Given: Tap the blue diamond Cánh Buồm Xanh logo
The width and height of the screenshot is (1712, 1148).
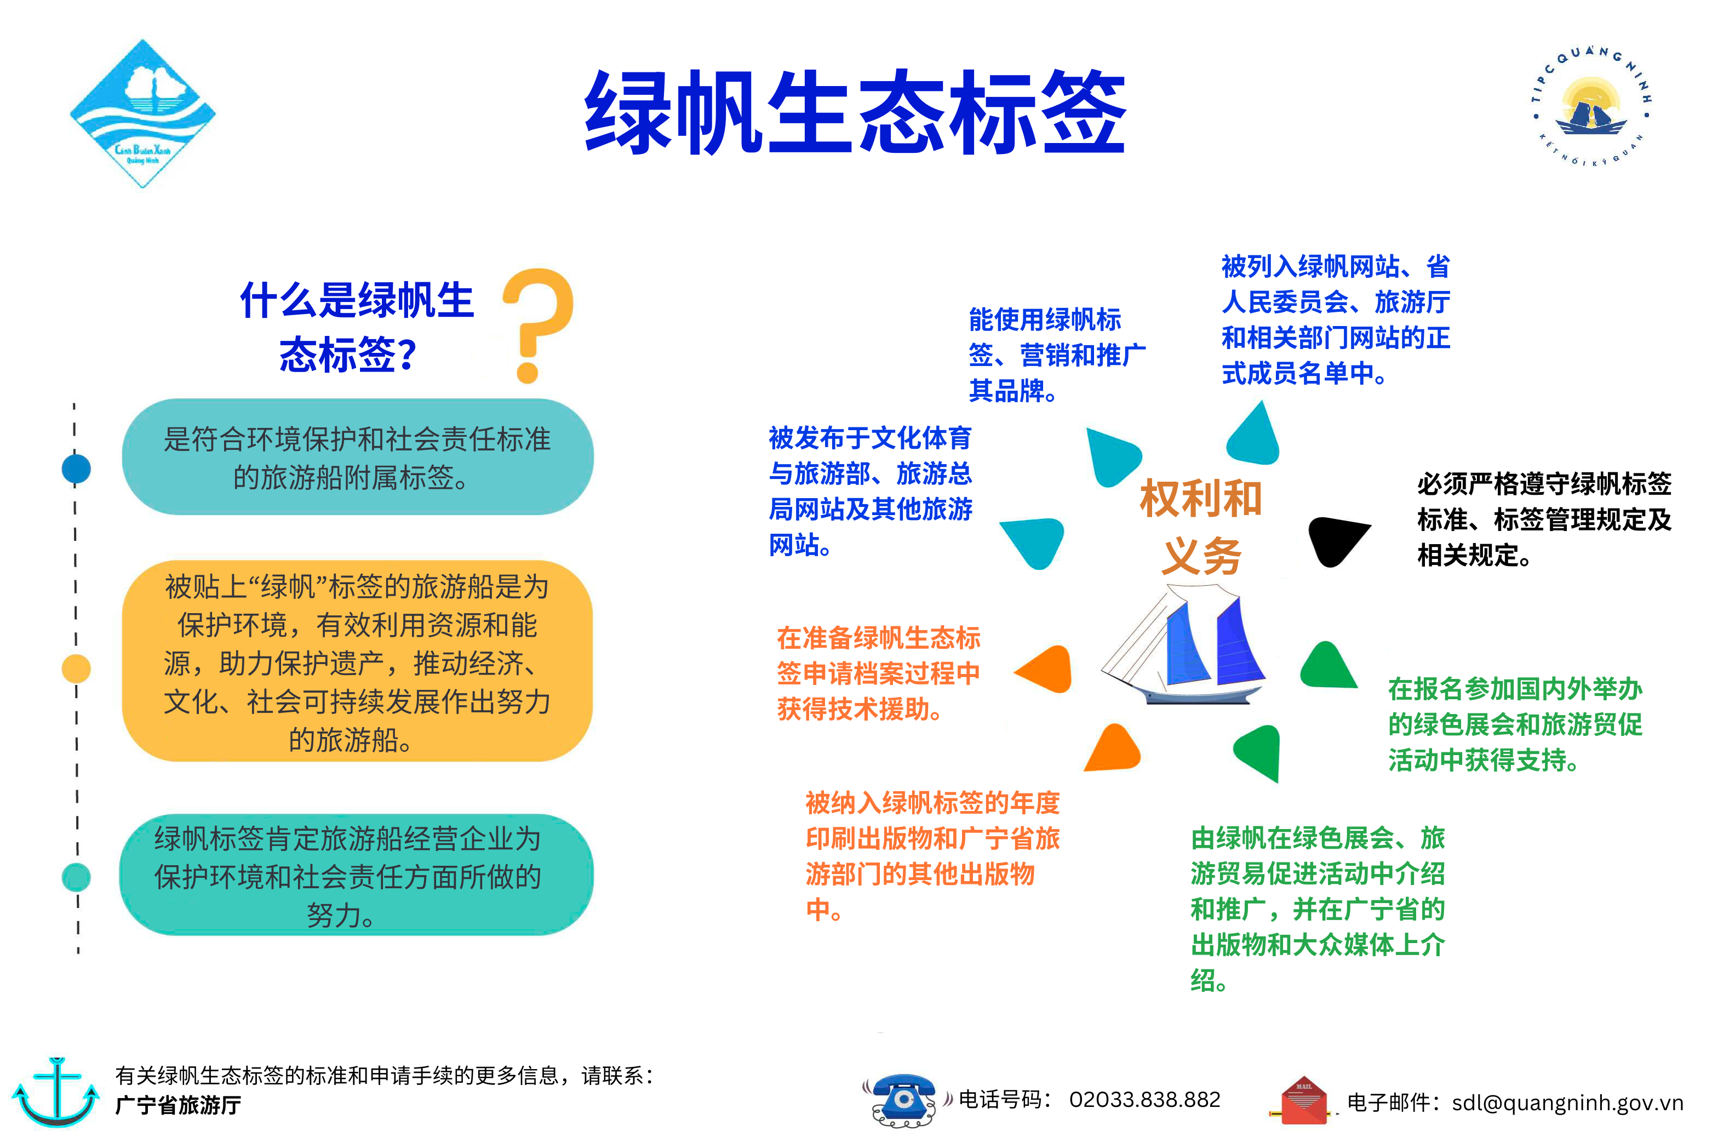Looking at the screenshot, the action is click(143, 113).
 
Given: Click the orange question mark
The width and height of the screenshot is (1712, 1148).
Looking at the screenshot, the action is click(538, 325).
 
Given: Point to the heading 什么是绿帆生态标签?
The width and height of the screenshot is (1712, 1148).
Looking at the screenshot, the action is click(357, 327).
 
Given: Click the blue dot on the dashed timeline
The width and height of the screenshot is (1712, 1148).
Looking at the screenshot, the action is click(76, 469).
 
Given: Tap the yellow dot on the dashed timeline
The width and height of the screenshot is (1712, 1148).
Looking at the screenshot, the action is click(76, 669).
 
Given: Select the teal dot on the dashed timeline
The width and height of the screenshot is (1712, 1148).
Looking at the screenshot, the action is click(76, 877).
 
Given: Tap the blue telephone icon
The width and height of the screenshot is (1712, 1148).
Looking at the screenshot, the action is click(904, 1100).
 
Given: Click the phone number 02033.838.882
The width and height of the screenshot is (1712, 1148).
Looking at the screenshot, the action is click(1145, 1100).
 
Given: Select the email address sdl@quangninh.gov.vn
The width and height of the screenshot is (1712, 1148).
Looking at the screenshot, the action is click(1568, 1103).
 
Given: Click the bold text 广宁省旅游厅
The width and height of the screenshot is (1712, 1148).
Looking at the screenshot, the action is click(178, 1105).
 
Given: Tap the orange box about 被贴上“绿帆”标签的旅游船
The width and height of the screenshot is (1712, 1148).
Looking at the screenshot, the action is click(357, 661).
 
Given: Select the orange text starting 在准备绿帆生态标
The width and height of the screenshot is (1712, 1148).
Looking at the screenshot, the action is click(878, 673).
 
